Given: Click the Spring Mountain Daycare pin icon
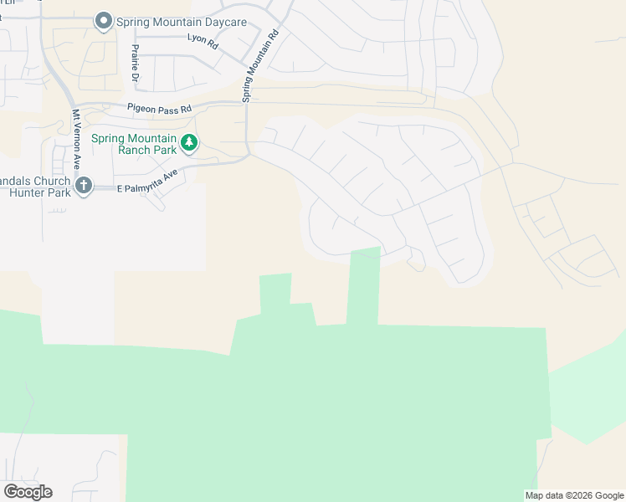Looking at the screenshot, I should pos(104,21).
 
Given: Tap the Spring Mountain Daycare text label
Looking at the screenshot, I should pos(182,22).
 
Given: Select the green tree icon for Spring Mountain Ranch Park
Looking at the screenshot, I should pos(190,143).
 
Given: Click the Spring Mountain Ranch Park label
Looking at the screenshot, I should pos(134,144).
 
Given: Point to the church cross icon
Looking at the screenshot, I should pos(83,185).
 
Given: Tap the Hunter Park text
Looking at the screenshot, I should pos(36,192).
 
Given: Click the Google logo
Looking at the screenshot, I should pos(28,491).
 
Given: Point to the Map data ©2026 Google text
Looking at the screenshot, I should pos(573,495).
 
